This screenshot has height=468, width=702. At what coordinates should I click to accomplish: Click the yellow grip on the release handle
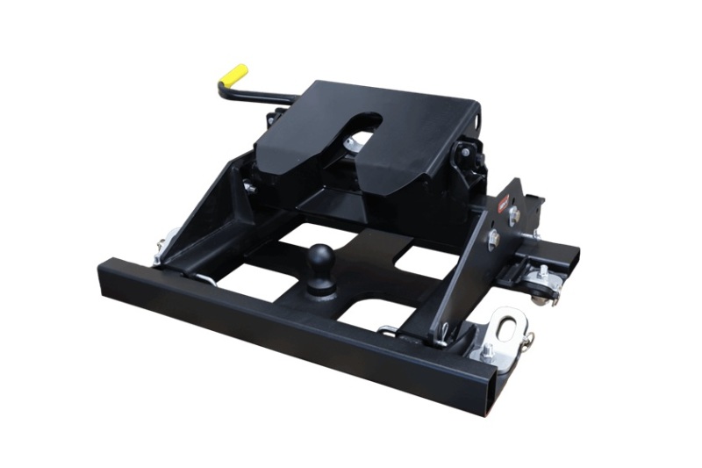pyautogui.click(x=233, y=76)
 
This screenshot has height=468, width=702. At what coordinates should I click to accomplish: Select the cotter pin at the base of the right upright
pyautogui.click(x=447, y=331)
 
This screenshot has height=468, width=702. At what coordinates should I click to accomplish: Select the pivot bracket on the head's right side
pyautogui.click(x=465, y=156)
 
